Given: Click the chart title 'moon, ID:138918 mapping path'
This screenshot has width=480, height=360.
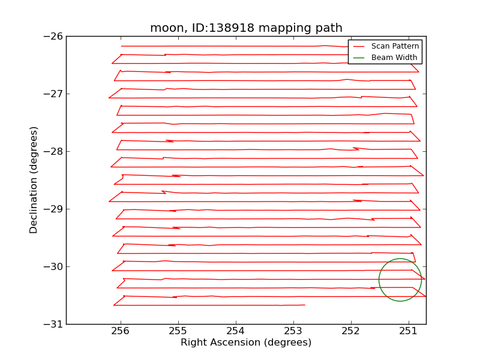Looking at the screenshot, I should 246,28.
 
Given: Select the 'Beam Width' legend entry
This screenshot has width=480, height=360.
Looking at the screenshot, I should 394,57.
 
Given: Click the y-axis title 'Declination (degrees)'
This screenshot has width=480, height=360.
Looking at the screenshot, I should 34,180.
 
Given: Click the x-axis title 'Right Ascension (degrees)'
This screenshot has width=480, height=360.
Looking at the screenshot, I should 246,343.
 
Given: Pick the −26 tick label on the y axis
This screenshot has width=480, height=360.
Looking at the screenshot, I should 53,36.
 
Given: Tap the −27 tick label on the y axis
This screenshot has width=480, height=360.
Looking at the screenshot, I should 53,94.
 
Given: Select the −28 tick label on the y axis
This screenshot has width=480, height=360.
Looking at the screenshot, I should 53,151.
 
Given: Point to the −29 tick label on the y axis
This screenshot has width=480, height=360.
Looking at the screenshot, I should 53,209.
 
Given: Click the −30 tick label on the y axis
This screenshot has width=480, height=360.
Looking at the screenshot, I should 53,266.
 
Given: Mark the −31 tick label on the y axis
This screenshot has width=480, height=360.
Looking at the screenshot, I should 53,324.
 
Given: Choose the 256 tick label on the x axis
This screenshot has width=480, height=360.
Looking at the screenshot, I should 121,332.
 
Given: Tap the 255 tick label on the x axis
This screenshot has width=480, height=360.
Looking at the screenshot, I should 178,332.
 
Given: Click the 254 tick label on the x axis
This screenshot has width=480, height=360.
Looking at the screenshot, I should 236,332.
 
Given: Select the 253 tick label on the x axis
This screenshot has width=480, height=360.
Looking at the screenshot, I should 293,332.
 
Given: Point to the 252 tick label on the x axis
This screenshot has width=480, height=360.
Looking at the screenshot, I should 351,332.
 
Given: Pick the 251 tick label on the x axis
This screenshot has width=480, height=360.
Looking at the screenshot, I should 409,332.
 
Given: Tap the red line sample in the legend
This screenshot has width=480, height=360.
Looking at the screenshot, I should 359,46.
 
